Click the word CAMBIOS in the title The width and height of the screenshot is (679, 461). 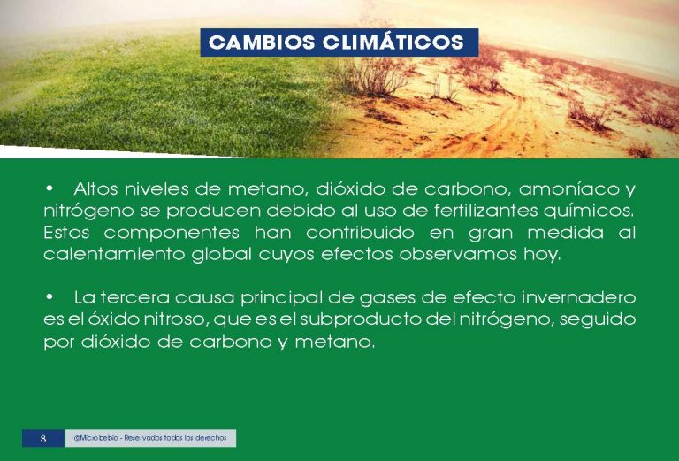pyautogui.click(x=262, y=42)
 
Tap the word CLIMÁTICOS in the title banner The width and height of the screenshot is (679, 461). pyautogui.click(x=393, y=42)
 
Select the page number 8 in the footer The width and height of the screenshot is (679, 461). pyautogui.click(x=42, y=439)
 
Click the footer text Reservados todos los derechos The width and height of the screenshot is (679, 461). pyautogui.click(x=175, y=438)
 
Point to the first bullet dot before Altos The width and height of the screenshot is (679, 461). pyautogui.click(x=50, y=188)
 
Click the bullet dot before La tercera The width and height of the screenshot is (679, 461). pyautogui.click(x=50, y=297)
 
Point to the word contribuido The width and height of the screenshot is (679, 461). pyautogui.click(x=360, y=233)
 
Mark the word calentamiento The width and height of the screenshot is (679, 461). pyautogui.click(x=114, y=254)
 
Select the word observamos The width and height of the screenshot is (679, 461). pyautogui.click(x=458, y=254)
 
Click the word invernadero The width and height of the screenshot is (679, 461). pyautogui.click(x=578, y=297)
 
